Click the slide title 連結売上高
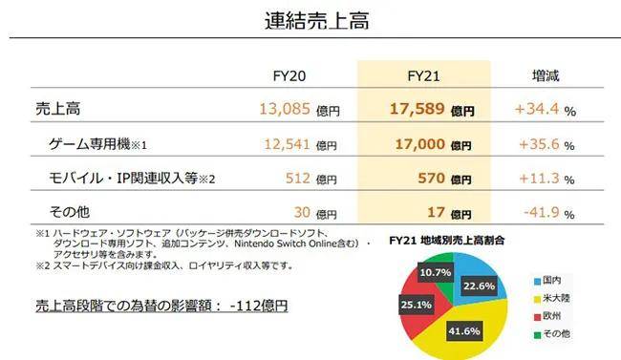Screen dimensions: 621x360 [x=317, y=21]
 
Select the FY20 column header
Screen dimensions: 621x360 [x=289, y=76]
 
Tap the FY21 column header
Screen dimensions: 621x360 [x=423, y=76]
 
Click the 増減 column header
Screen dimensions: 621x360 [x=546, y=75]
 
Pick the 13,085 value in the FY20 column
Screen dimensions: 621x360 [x=285, y=109]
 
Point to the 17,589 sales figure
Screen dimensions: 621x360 [x=418, y=109]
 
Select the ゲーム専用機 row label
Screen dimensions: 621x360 [x=90, y=144]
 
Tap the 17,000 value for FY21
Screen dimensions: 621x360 [x=420, y=144]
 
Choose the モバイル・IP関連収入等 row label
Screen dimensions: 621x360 [x=123, y=179]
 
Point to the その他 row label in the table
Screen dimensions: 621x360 [x=70, y=212]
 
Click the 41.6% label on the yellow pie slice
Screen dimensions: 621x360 [x=464, y=330]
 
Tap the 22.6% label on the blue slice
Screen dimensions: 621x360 [x=480, y=286]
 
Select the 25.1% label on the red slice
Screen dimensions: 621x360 [x=416, y=305]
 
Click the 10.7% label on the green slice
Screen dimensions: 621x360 [x=436, y=272]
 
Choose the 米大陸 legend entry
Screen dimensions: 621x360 [x=551, y=298]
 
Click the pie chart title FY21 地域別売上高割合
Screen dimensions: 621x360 [x=447, y=240]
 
